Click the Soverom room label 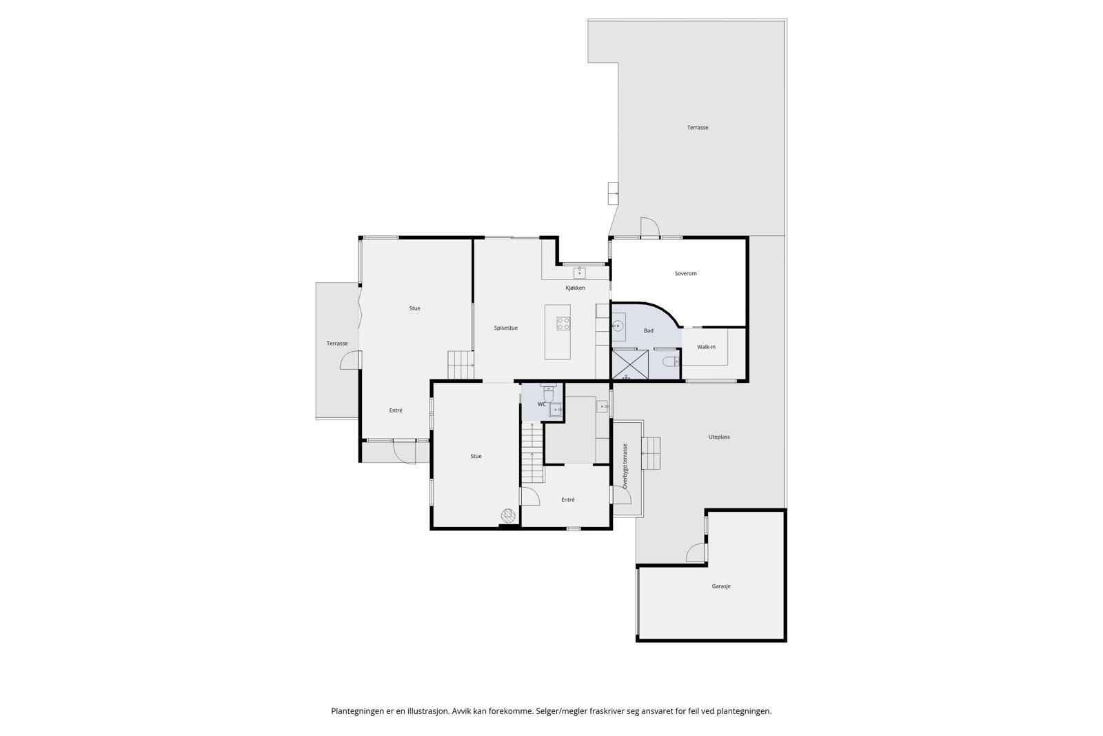pos(685,274)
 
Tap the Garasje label pos(721,586)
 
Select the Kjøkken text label pos(575,288)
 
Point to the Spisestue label pos(505,328)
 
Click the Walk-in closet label pos(706,347)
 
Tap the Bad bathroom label pos(648,331)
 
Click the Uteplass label pos(719,437)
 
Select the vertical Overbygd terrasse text pos(625,466)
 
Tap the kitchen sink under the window pos(579,272)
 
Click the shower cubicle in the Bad pos(630,365)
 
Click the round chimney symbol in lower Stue pos(507,515)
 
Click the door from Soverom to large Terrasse pos(649,228)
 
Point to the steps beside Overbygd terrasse pos(651,453)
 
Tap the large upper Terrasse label pos(697,128)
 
